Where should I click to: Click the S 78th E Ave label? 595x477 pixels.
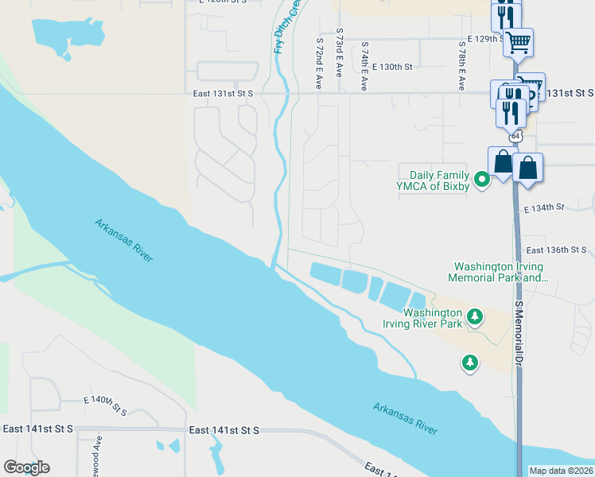[x=461, y=65]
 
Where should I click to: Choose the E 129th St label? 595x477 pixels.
[x=487, y=38]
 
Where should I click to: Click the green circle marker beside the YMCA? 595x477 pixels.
[x=481, y=180]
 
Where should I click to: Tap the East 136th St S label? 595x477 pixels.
[x=557, y=250]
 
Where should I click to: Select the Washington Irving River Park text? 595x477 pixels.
[x=432, y=318]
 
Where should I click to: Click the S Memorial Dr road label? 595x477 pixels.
[x=518, y=332]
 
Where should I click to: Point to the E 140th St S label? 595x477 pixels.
[x=105, y=405]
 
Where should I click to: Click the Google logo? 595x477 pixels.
[x=26, y=467]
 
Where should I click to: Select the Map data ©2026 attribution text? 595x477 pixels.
[x=561, y=471]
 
